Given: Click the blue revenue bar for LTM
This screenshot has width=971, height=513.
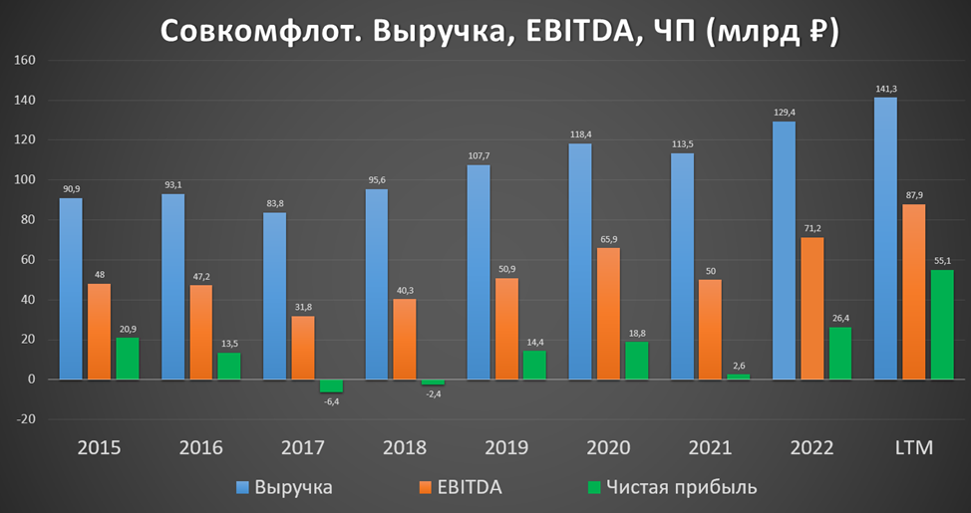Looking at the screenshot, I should [x=885, y=239].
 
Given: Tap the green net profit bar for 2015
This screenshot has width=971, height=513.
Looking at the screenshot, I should [x=127, y=359].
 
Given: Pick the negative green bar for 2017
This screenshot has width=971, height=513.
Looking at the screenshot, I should [x=331, y=385].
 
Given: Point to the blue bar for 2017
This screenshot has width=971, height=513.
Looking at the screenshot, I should [x=275, y=296].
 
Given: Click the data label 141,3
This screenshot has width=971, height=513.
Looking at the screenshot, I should [x=885, y=90].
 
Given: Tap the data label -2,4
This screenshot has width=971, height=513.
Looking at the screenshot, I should [x=433, y=394].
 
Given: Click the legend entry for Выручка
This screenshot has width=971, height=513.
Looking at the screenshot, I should [x=284, y=487].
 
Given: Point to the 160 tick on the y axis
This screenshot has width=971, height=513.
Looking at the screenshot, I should [x=23, y=61].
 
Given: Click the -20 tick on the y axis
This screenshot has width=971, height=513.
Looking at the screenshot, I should [x=23, y=419].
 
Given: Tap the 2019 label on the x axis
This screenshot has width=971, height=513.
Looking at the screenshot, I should [x=508, y=447].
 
